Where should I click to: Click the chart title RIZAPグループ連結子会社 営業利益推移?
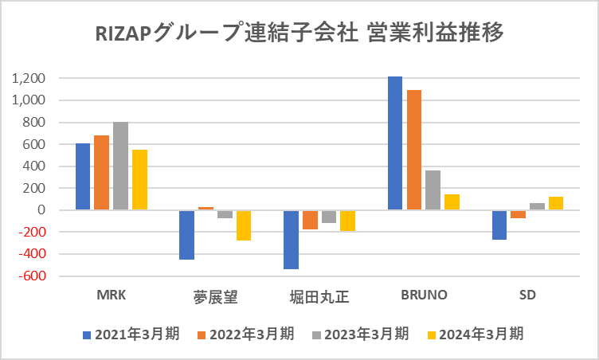(x=299, y=34)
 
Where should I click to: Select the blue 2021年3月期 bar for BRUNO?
(x=395, y=143)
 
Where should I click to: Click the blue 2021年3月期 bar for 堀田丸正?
(x=291, y=240)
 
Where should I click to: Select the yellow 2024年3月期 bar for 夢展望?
(x=244, y=225)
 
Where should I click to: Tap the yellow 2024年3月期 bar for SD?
(x=556, y=203)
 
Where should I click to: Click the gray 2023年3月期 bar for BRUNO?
(x=433, y=190)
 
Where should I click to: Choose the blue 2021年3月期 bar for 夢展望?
(x=186, y=235)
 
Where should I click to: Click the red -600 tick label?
(x=29, y=276)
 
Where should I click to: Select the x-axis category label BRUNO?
(x=423, y=295)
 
